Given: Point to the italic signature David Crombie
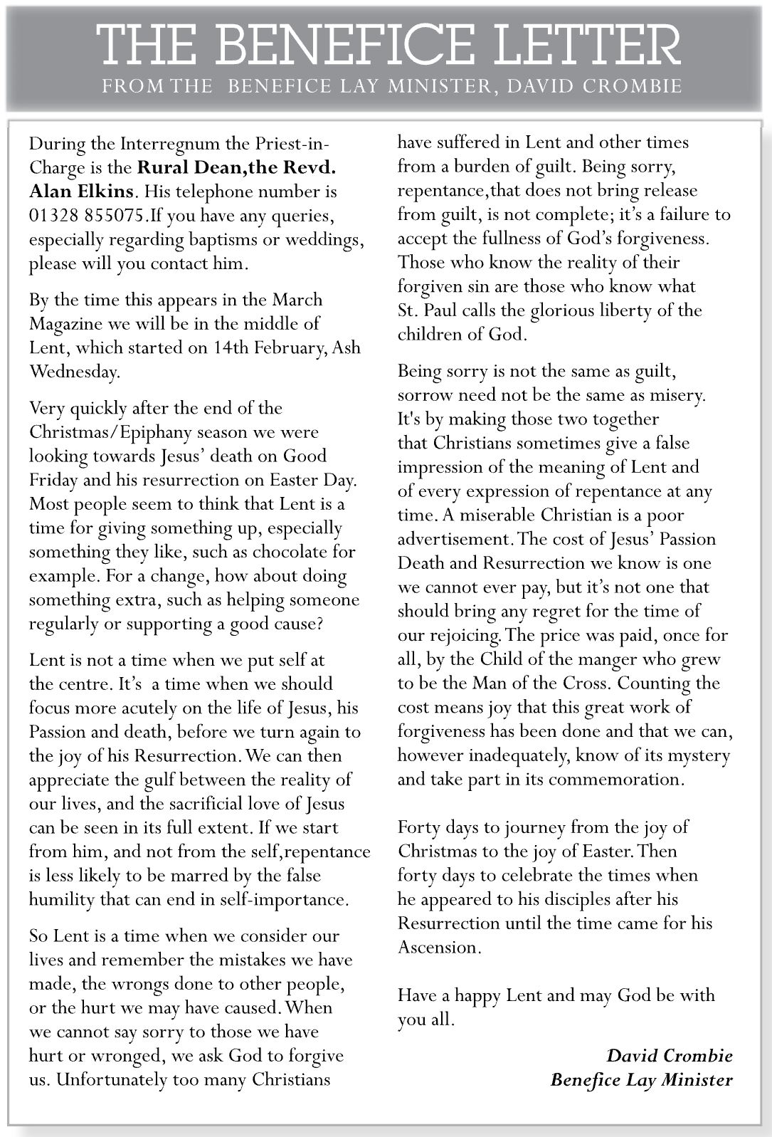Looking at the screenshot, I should point(669,1055).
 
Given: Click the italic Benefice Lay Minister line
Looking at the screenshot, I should point(641,1079).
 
